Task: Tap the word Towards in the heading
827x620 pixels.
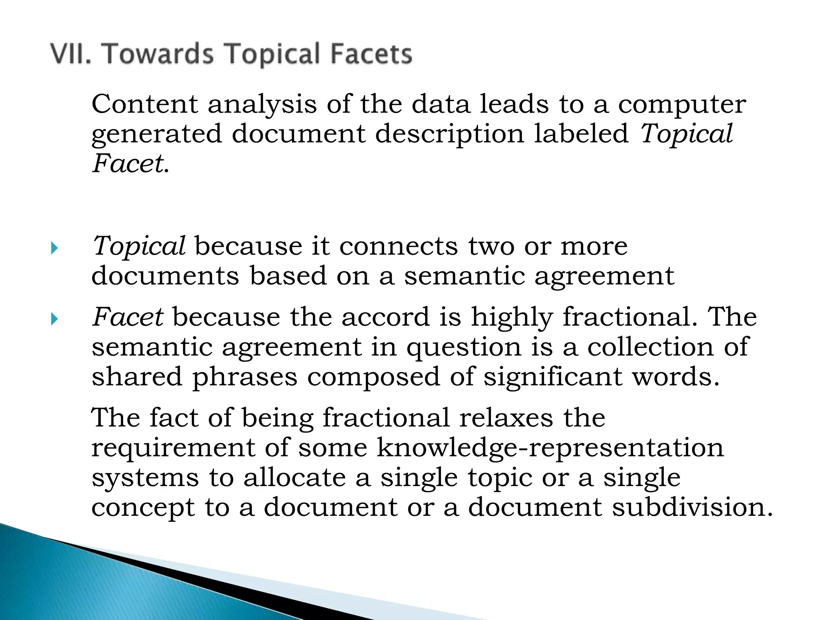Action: pos(159,54)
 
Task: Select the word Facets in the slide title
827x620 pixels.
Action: pos(371,54)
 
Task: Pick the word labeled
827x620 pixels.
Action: pos(581,134)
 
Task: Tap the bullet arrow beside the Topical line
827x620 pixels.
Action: pos(55,248)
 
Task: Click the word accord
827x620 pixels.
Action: pos(385,317)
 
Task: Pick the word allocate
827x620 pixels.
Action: pos(294,478)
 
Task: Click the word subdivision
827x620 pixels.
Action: pos(692,507)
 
